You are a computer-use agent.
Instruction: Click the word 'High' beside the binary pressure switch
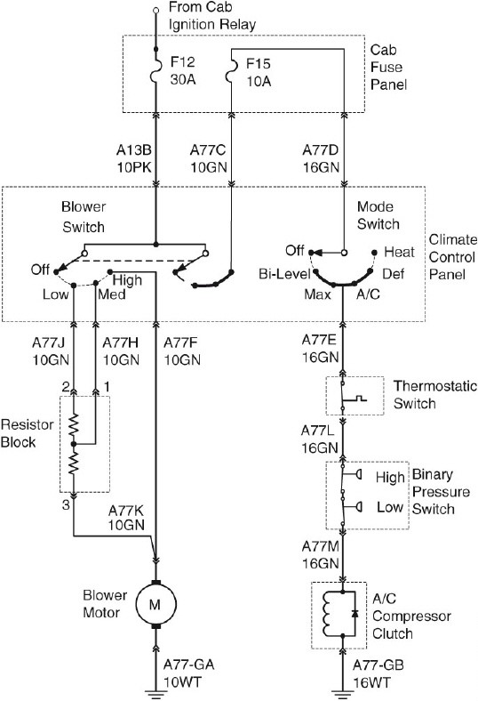[x=389, y=477]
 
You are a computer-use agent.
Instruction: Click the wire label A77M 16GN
[x=318, y=555]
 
